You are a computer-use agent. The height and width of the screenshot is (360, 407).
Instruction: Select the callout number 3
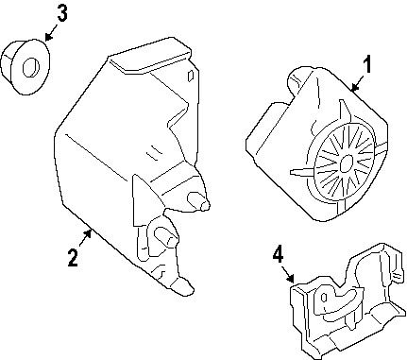(61, 12)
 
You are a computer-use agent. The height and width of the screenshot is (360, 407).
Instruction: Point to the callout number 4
(278, 253)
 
